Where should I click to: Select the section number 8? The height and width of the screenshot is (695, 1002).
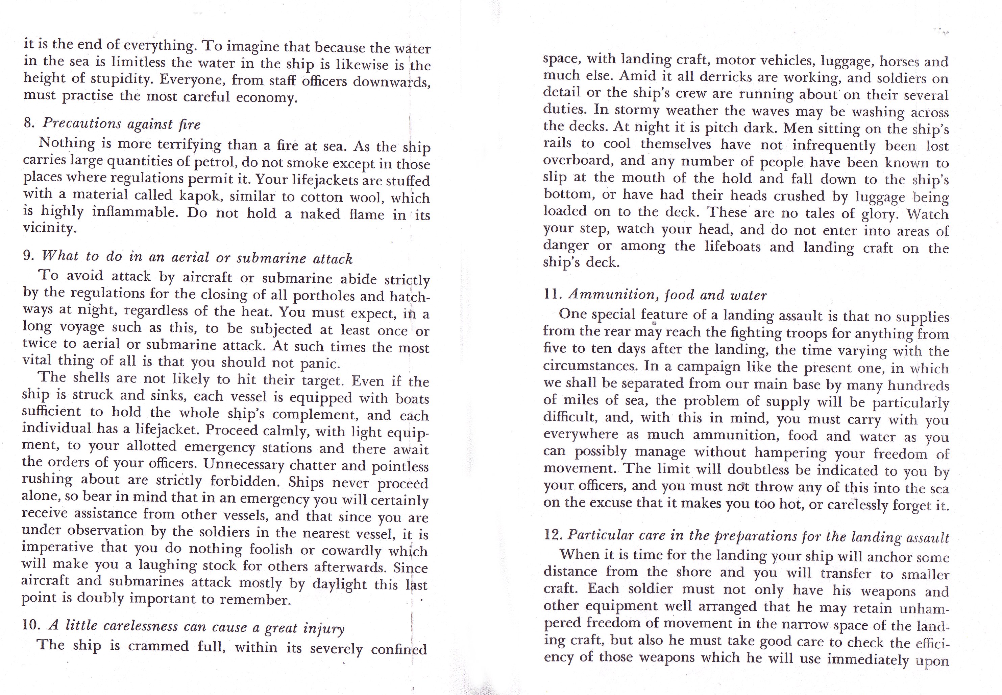click(29, 123)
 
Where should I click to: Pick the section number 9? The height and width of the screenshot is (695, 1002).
click(28, 255)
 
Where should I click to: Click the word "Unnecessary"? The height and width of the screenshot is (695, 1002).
click(244, 464)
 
